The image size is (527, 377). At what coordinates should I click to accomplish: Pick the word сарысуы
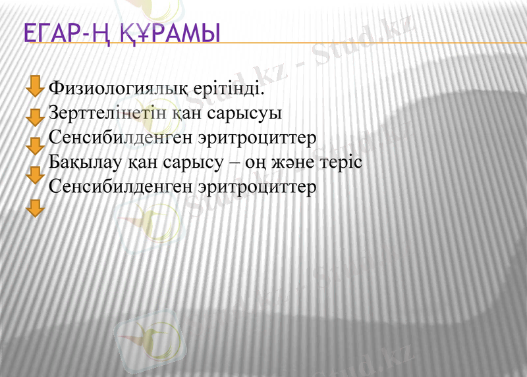[x=244, y=113]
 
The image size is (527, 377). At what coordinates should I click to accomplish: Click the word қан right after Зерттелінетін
[x=186, y=113]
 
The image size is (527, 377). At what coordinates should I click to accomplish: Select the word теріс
[x=345, y=162]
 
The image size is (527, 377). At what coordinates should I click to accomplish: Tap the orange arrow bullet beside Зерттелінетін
[x=34, y=118]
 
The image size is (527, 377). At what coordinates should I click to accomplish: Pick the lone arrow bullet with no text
[x=34, y=209]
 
